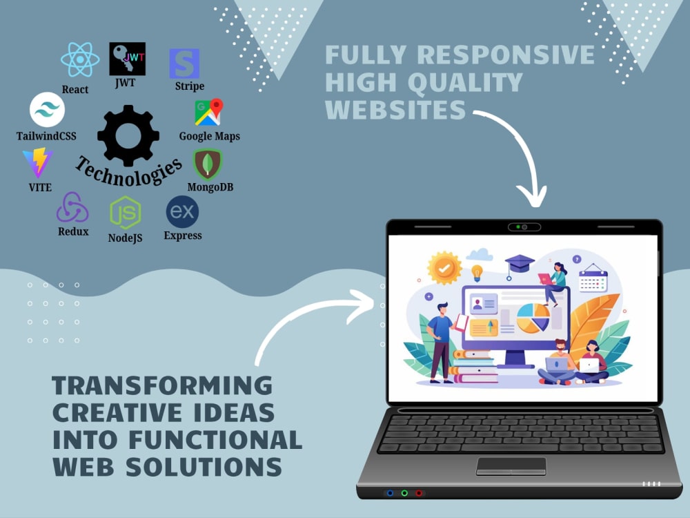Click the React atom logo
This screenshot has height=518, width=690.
(x=80, y=59)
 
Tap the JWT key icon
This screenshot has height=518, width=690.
(x=127, y=59)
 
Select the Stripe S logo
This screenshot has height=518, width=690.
(x=184, y=64)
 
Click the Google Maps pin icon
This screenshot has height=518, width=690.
(x=209, y=112)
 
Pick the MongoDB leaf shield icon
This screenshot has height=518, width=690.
(x=208, y=164)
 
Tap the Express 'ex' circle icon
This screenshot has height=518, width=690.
(x=182, y=212)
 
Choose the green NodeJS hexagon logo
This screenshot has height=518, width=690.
(x=126, y=213)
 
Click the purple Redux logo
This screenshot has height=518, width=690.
(x=72, y=207)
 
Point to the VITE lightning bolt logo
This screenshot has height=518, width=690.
(x=38, y=162)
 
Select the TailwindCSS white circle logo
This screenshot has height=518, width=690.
(x=47, y=110)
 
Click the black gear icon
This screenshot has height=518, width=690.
(x=128, y=135)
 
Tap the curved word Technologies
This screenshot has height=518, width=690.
(x=128, y=172)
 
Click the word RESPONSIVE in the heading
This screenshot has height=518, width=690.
(x=506, y=55)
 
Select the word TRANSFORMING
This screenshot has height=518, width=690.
(x=162, y=385)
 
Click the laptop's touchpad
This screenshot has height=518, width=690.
(x=511, y=466)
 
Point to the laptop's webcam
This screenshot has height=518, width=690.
(x=524, y=227)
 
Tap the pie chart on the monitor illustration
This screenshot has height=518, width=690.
(x=533, y=318)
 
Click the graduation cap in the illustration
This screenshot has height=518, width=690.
(x=519, y=266)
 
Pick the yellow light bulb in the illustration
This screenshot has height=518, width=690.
(x=477, y=273)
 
